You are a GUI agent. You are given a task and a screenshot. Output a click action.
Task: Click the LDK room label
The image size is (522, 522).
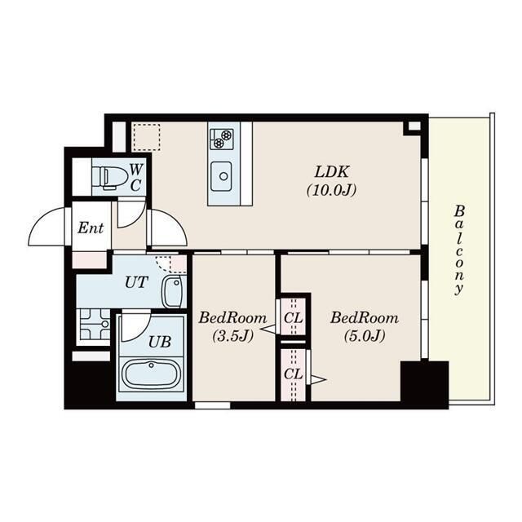click(332, 181)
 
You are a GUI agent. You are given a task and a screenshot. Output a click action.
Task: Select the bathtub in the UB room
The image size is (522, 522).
click(151, 374)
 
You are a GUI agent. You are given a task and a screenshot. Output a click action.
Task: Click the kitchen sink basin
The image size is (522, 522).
click(222, 176)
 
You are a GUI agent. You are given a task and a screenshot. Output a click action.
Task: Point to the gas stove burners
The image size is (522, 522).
click(222, 139)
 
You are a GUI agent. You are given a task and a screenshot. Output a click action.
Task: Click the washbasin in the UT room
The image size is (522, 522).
click(172, 292)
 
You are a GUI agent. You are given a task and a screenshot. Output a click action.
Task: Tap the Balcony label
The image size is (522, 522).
click(459, 250)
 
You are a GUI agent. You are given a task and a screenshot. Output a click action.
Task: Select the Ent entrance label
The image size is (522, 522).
click(91, 228)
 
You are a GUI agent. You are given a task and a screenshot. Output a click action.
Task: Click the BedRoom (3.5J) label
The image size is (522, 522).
click(232, 326)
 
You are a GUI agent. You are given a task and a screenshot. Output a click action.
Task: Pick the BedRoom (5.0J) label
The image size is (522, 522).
click(365, 326)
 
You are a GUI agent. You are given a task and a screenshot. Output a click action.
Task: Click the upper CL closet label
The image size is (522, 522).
click(294, 318)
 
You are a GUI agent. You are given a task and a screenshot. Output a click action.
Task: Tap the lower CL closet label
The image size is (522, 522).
click(294, 374)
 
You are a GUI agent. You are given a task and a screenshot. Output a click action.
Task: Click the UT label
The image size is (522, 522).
click(136, 283)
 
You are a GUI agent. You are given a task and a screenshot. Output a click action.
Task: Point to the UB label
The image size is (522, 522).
click(160, 342)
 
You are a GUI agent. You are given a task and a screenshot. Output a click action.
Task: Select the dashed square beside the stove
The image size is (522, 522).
click(147, 138)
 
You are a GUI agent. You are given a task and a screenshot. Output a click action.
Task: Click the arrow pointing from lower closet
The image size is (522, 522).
click(318, 379)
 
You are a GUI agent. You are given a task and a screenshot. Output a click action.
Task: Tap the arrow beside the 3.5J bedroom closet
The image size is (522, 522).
click(268, 330)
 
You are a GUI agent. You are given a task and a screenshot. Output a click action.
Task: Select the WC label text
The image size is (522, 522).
click(135, 178)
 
